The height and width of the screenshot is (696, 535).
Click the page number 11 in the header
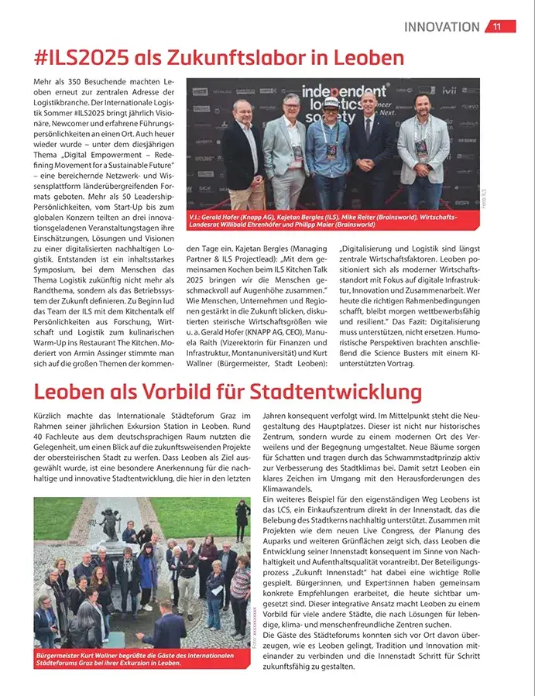click(x=497, y=26)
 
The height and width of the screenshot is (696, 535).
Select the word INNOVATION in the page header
click(x=441, y=26)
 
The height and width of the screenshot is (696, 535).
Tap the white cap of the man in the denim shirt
click(x=331, y=102)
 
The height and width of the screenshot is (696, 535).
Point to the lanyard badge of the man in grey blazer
click(x=297, y=148)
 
